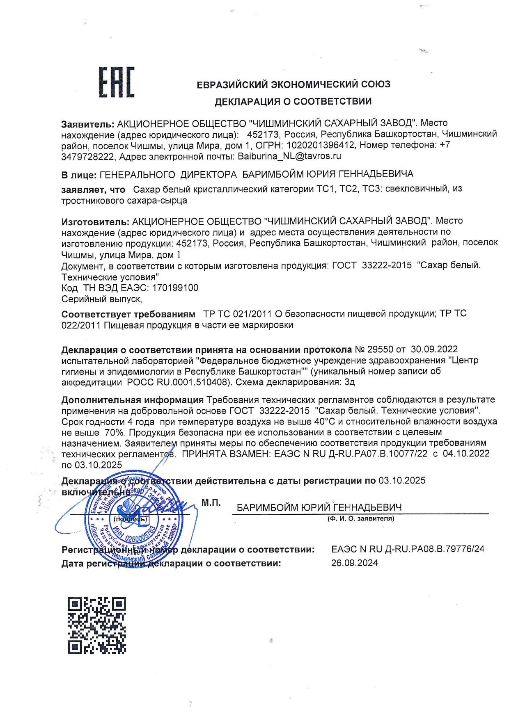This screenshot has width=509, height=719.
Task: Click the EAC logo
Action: point(116,83)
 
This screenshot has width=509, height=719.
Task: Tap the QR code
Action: point(96,625)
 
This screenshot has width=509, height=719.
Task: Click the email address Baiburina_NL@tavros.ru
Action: point(289,156)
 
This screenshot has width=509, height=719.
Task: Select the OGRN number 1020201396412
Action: point(321,145)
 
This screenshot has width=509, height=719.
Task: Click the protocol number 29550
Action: point(380,349)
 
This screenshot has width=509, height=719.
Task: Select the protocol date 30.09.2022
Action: point(434,349)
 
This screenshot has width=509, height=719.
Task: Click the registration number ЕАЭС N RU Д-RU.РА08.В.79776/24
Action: point(408,549)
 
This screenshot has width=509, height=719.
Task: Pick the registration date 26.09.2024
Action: point(354,563)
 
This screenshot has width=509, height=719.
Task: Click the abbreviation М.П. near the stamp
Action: point(211,503)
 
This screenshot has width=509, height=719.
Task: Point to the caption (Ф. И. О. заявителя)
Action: point(361,518)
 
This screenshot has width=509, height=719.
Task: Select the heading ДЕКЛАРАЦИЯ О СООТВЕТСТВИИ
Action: point(293,101)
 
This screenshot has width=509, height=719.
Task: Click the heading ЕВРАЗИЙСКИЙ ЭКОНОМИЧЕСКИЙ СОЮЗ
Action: point(293,84)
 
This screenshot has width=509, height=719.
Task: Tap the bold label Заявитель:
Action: point(87,124)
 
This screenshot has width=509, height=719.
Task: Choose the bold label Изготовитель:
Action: point(95,222)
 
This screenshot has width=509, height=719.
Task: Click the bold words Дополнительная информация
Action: point(132,399)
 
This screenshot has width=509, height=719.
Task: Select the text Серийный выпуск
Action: point(101,299)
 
